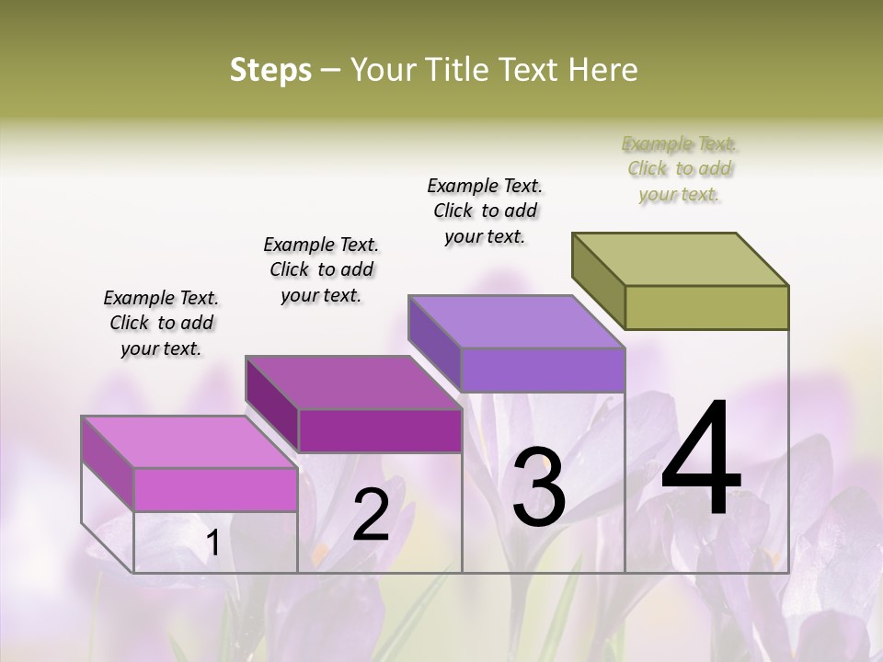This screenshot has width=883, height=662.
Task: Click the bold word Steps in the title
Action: click(x=270, y=70)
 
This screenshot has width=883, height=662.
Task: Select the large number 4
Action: click(x=701, y=460)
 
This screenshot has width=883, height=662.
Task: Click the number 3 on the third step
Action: click(x=539, y=487)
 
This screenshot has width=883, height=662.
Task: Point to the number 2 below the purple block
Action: click(x=371, y=515)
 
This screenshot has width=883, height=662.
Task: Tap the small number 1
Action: click(x=212, y=543)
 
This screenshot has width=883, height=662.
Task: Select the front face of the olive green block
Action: click(x=706, y=307)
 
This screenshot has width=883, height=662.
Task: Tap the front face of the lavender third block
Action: click(x=543, y=370)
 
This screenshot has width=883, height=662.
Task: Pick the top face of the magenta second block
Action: click(x=353, y=382)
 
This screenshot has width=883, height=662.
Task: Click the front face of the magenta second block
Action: click(x=379, y=430)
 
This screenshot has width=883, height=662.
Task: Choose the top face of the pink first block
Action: click(x=189, y=442)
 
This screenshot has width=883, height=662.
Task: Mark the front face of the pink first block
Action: click(x=215, y=489)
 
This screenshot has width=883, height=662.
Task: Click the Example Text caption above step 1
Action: click(x=161, y=323)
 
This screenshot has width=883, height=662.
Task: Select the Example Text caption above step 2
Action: click(x=321, y=269)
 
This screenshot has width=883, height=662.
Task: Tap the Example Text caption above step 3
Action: click(x=485, y=211)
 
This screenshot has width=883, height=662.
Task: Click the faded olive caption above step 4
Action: click(x=680, y=168)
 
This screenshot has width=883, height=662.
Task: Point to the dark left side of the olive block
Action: click(x=599, y=280)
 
